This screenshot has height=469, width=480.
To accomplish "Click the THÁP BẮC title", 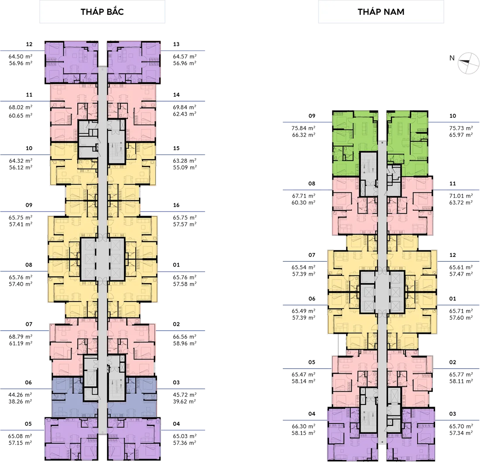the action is click(102, 12).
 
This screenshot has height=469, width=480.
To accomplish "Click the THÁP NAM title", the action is click(381, 12).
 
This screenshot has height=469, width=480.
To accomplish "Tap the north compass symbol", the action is click(468, 63).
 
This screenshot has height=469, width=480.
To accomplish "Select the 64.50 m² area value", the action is click(21, 56).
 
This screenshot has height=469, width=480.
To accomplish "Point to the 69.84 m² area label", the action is click(185, 107).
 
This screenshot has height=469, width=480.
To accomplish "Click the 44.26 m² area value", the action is click(20, 394).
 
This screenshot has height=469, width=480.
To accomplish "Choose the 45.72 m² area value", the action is click(185, 394).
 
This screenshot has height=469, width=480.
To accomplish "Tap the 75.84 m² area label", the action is click(303, 128).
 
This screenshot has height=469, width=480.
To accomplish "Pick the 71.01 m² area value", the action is click(461, 195).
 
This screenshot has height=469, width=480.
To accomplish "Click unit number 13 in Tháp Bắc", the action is click(176, 44).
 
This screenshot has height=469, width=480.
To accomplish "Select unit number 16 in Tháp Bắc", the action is click(176, 205).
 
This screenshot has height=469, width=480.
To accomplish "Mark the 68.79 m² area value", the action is click(21, 336).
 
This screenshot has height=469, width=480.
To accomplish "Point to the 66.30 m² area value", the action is click(303, 426).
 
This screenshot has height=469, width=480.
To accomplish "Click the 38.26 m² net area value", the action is click(20, 401).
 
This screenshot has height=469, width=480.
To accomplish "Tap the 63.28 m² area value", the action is click(185, 161).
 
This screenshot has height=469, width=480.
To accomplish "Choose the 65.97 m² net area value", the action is click(461, 135).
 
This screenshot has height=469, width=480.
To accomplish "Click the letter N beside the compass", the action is click(452, 58).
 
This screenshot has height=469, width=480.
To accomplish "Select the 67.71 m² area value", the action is click(303, 195).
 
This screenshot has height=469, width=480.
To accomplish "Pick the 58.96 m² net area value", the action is click(185, 343).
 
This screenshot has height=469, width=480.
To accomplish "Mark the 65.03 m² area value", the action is click(185, 436).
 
